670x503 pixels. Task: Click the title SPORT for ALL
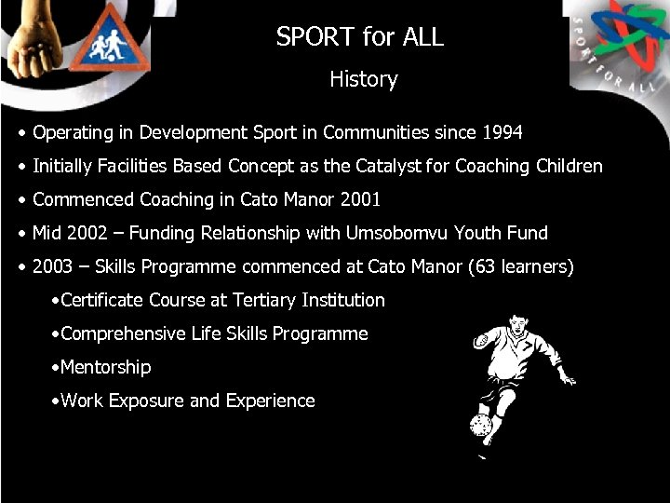[359, 37]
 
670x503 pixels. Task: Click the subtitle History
[363, 80]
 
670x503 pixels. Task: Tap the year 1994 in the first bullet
[502, 133]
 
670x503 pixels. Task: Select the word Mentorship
[105, 368]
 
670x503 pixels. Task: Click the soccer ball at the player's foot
[481, 426]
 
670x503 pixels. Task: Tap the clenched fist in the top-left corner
[32, 37]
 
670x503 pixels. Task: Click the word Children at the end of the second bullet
[569, 167]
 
